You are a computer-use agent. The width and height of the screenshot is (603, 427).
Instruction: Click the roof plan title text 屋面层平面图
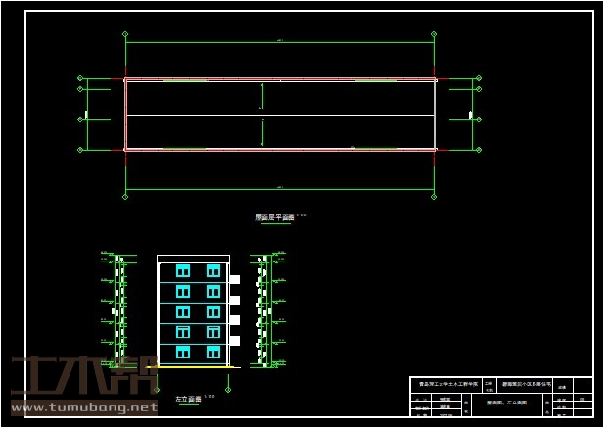[x=274, y=218]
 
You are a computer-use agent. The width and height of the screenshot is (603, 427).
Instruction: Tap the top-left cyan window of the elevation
[x=182, y=270]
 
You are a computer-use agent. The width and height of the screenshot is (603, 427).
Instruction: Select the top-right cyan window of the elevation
[x=213, y=270]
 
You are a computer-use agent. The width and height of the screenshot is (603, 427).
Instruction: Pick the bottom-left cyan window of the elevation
[x=182, y=351]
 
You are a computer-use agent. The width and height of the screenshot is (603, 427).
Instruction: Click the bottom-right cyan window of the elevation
[x=213, y=351]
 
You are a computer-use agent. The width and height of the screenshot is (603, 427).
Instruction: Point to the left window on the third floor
[x=182, y=310]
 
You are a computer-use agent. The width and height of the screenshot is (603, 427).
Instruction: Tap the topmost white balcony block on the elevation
[x=235, y=280]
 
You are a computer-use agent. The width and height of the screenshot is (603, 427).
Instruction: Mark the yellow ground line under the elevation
[x=194, y=367]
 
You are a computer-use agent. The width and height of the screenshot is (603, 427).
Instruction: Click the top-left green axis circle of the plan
[x=125, y=34]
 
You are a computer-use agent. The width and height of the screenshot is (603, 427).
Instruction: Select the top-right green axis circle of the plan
[x=434, y=34]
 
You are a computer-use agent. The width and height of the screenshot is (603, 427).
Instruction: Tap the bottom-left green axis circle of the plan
[x=125, y=196]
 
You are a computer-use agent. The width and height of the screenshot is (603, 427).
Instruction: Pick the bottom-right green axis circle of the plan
[x=434, y=196]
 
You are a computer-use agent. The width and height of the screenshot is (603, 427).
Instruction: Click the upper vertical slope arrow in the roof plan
[x=261, y=96]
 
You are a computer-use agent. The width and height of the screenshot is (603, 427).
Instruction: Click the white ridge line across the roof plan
[x=280, y=116]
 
